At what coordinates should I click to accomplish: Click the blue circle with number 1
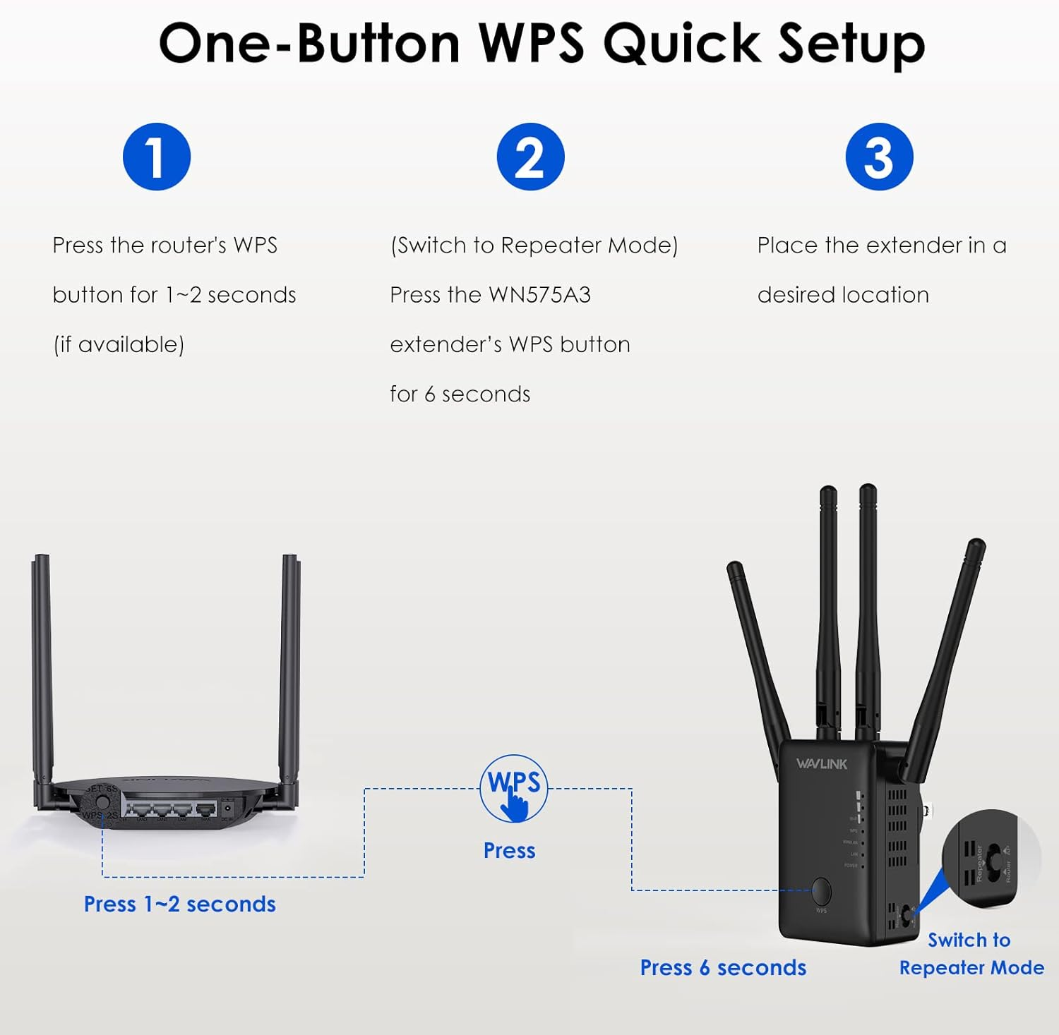point(157,157)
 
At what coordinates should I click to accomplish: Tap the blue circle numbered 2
point(530,157)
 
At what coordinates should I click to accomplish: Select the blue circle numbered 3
point(879,157)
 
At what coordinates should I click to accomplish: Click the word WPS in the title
point(532,44)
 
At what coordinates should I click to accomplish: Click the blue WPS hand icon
point(514,789)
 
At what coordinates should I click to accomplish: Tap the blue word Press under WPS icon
point(509,851)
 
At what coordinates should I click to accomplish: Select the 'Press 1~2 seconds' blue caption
point(179,904)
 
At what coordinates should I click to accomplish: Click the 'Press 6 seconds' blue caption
point(723,968)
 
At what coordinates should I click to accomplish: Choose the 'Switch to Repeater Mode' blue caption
point(971,954)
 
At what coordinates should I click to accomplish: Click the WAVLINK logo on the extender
point(821,763)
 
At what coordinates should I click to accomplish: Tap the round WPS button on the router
point(102,802)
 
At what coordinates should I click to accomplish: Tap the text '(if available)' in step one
point(119,345)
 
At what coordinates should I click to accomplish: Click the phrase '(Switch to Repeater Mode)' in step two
point(534,246)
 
